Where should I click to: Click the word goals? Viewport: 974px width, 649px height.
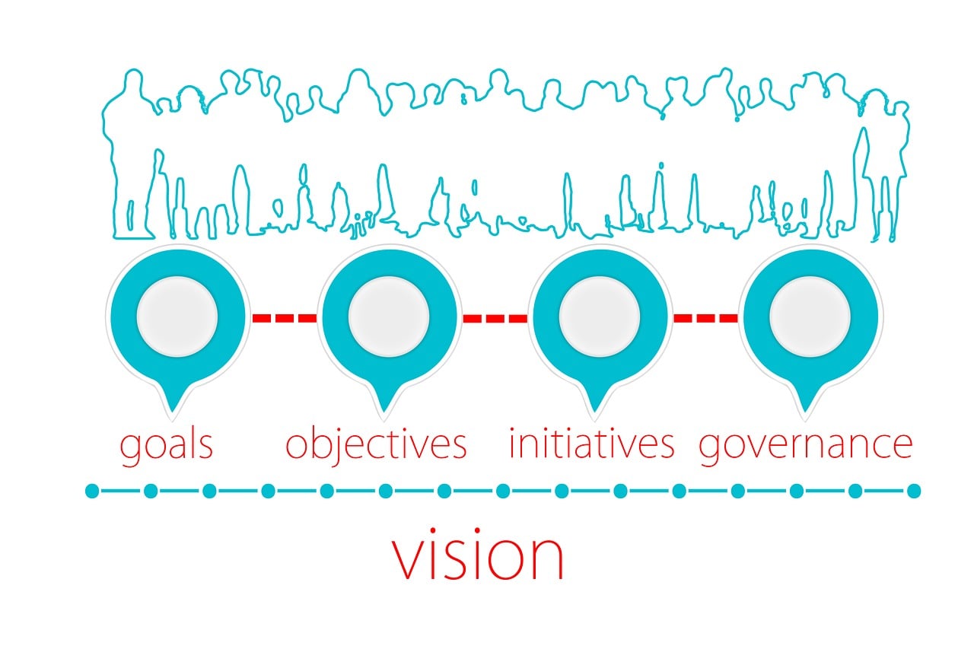click(x=166, y=447)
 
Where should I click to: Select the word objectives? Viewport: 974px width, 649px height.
click(x=376, y=447)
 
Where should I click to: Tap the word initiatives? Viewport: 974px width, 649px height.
click(x=592, y=444)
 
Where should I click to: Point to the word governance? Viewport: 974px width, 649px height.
click(x=805, y=447)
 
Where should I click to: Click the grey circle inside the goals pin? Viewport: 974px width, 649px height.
click(x=177, y=317)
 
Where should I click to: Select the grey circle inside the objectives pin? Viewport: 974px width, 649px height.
click(x=389, y=317)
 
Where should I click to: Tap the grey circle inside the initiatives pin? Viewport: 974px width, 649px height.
click(x=600, y=317)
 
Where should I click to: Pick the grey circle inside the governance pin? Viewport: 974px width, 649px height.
click(x=810, y=317)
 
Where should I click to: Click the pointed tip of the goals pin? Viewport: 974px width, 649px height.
click(x=173, y=412)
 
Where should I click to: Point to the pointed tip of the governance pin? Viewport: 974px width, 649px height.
click(x=805, y=412)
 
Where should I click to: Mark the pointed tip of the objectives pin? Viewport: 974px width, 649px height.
click(x=384, y=412)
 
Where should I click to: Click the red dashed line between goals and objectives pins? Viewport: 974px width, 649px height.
click(x=285, y=318)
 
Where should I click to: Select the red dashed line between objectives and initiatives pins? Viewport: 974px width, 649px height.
click(x=495, y=319)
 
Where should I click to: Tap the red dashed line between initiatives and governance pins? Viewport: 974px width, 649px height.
click(x=705, y=318)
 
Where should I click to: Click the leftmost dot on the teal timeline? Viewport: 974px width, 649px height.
click(x=92, y=492)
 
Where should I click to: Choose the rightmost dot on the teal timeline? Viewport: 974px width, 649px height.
click(x=914, y=492)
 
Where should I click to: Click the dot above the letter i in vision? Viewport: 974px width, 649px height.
click(x=477, y=530)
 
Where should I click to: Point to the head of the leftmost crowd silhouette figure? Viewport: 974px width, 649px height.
click(x=133, y=81)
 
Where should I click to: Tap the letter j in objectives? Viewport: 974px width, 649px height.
click(x=339, y=447)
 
